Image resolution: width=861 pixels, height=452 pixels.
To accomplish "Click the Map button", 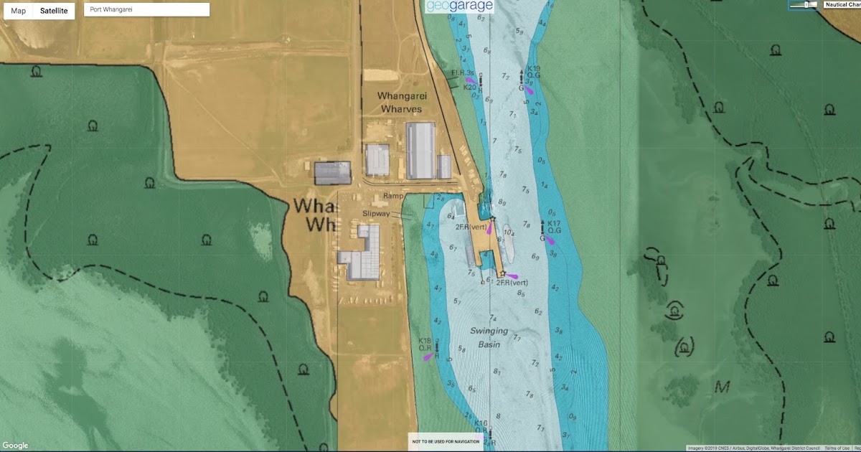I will click(18, 11).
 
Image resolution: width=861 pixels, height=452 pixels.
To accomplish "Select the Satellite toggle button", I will click(54, 11).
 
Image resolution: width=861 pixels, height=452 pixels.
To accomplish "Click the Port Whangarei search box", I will click(146, 10).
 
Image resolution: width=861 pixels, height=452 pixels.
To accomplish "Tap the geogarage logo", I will click(459, 6).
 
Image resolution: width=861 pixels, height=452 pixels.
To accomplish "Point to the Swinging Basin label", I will click(489, 338).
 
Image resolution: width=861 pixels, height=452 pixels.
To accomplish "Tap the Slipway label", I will click(376, 214).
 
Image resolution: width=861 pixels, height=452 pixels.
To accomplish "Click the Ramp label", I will click(394, 196).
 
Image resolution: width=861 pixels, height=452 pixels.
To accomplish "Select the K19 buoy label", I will click(533, 69).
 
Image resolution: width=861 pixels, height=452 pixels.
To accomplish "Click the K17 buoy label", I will click(553, 223).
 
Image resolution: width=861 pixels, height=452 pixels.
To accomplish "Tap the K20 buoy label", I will click(469, 88).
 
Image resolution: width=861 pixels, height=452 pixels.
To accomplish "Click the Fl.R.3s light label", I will click(462, 73).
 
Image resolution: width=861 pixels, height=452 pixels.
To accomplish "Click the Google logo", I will click(15, 446).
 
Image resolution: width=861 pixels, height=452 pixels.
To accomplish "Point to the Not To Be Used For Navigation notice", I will click(445, 441).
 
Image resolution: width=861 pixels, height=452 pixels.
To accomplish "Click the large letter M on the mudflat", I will click(722, 387).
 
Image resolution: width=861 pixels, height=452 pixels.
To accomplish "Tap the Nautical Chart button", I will click(842, 4).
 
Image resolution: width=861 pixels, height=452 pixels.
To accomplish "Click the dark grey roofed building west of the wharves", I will click(332, 173).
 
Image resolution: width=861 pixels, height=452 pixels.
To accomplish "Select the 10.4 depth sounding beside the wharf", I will click(509, 232).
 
